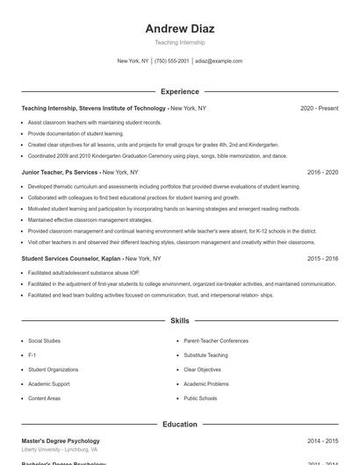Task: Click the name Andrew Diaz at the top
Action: tap(179, 28)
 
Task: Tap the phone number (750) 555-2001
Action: tap(171, 61)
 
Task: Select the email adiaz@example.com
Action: tap(219, 61)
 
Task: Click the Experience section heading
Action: tap(179, 91)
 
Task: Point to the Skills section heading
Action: tap(179, 321)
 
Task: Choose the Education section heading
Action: tap(179, 425)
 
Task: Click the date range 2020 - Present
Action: tap(319, 108)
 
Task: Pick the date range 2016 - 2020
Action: tap(322, 173)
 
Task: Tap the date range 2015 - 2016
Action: tap(322, 259)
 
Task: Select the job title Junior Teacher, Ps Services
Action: tap(60, 173)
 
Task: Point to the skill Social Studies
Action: tap(44, 340)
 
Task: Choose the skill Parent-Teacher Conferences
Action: tap(216, 340)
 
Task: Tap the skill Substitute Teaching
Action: tap(205, 355)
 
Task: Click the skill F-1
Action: tap(32, 355)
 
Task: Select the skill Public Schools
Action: tap(200, 398)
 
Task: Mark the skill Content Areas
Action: tap(44, 398)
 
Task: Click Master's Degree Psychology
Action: tap(61, 440)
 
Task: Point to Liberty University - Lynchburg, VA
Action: tap(59, 449)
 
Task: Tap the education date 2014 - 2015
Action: tap(322, 440)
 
